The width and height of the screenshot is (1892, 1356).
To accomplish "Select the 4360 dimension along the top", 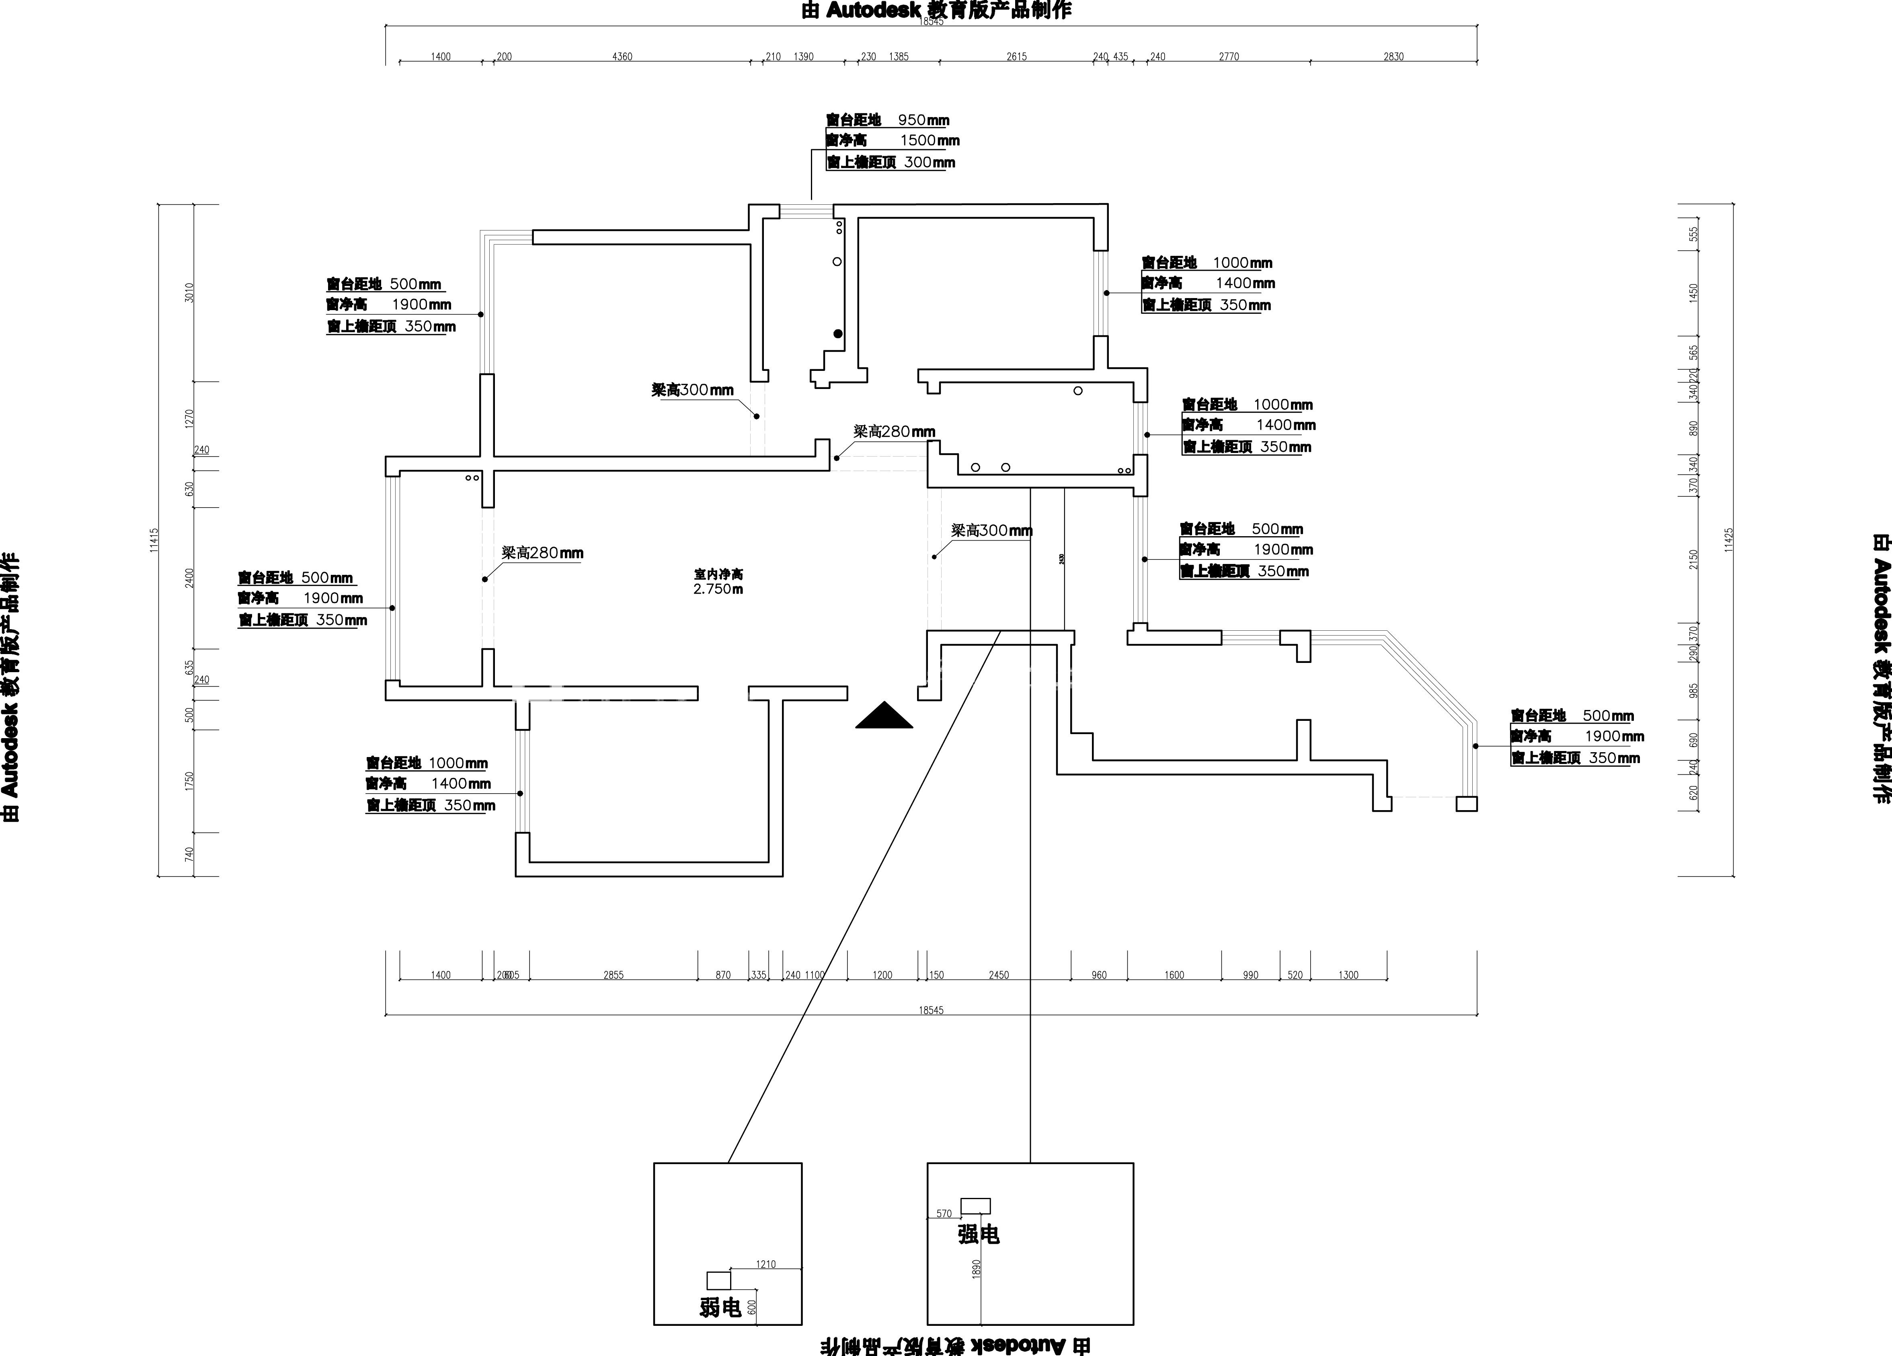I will (x=622, y=57).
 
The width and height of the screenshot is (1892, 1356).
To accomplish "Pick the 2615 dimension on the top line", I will (x=1016, y=57).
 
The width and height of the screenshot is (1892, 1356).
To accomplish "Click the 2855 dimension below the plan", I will (x=613, y=975).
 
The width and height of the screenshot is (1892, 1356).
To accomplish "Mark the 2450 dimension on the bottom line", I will (x=999, y=975).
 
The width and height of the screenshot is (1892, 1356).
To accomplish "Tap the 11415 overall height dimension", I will (x=154, y=540).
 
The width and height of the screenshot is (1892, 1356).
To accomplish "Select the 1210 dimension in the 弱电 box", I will (x=766, y=1264).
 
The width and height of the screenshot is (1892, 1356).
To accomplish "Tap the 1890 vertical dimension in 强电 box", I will (x=976, y=1268).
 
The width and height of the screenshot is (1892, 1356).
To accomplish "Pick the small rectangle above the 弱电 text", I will (x=718, y=1280).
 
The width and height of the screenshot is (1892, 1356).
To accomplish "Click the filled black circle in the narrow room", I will (x=837, y=334).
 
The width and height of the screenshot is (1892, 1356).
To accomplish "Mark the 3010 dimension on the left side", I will (x=189, y=293).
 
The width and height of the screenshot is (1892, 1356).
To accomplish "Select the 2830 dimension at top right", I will (x=1393, y=57).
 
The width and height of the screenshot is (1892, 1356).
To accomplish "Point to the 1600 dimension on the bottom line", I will (x=1174, y=975).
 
